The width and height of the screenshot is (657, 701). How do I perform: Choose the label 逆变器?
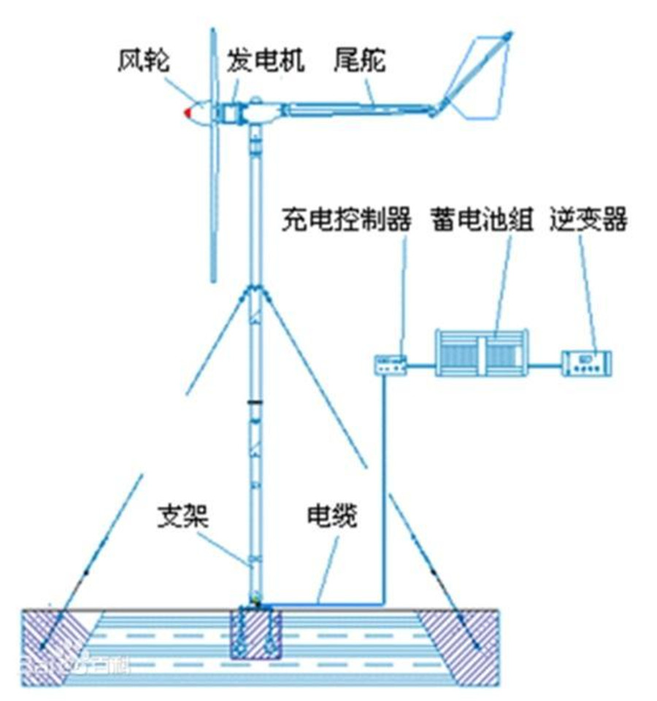pos(588,221)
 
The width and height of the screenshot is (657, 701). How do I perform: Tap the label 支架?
pos(184,516)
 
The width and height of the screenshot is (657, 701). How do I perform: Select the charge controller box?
pos(390,363)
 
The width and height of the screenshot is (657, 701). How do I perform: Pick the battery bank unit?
pos(481,352)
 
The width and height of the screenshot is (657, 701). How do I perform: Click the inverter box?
pos(586,363)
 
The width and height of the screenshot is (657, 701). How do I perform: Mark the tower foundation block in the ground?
pos(255,632)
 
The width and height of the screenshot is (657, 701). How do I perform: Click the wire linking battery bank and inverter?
pos(544,363)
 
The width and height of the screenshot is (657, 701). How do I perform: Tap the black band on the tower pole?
pos(255,402)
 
